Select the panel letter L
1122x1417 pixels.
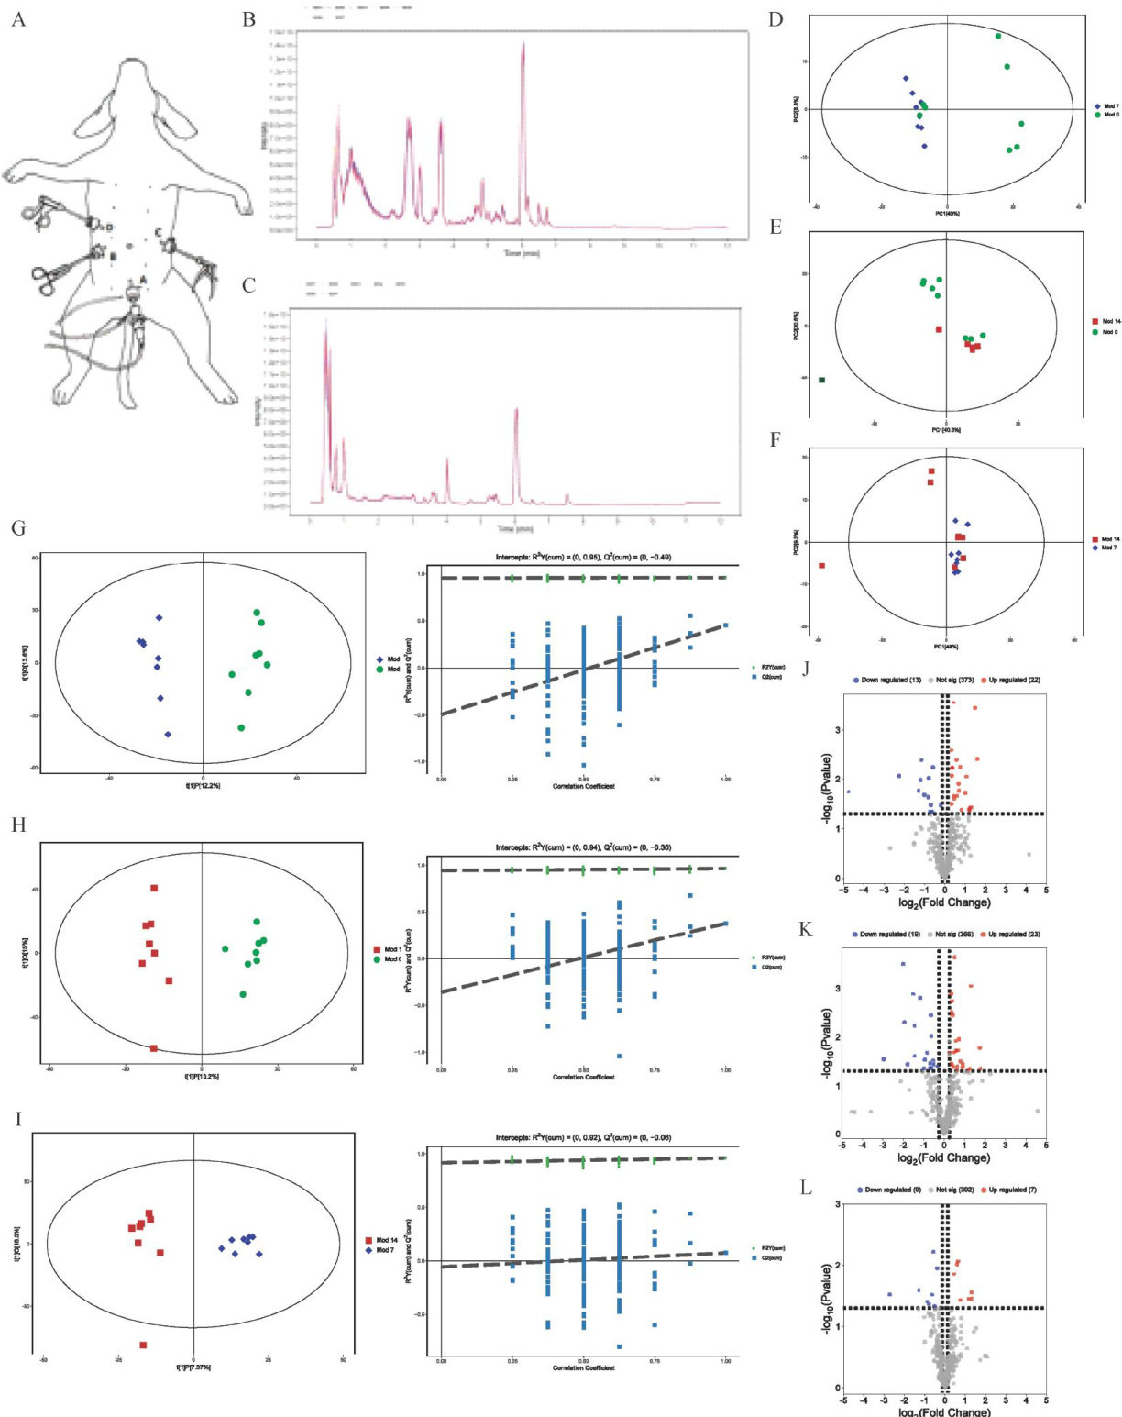[806, 1189]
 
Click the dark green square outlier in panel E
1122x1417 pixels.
[822, 380]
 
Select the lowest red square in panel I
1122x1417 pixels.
[143, 1345]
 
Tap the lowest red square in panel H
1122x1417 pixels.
[154, 1048]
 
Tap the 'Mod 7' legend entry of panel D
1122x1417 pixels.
[1105, 106]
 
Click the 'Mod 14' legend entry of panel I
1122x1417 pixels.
[386, 1240]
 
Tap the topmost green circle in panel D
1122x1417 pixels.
[998, 36]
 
